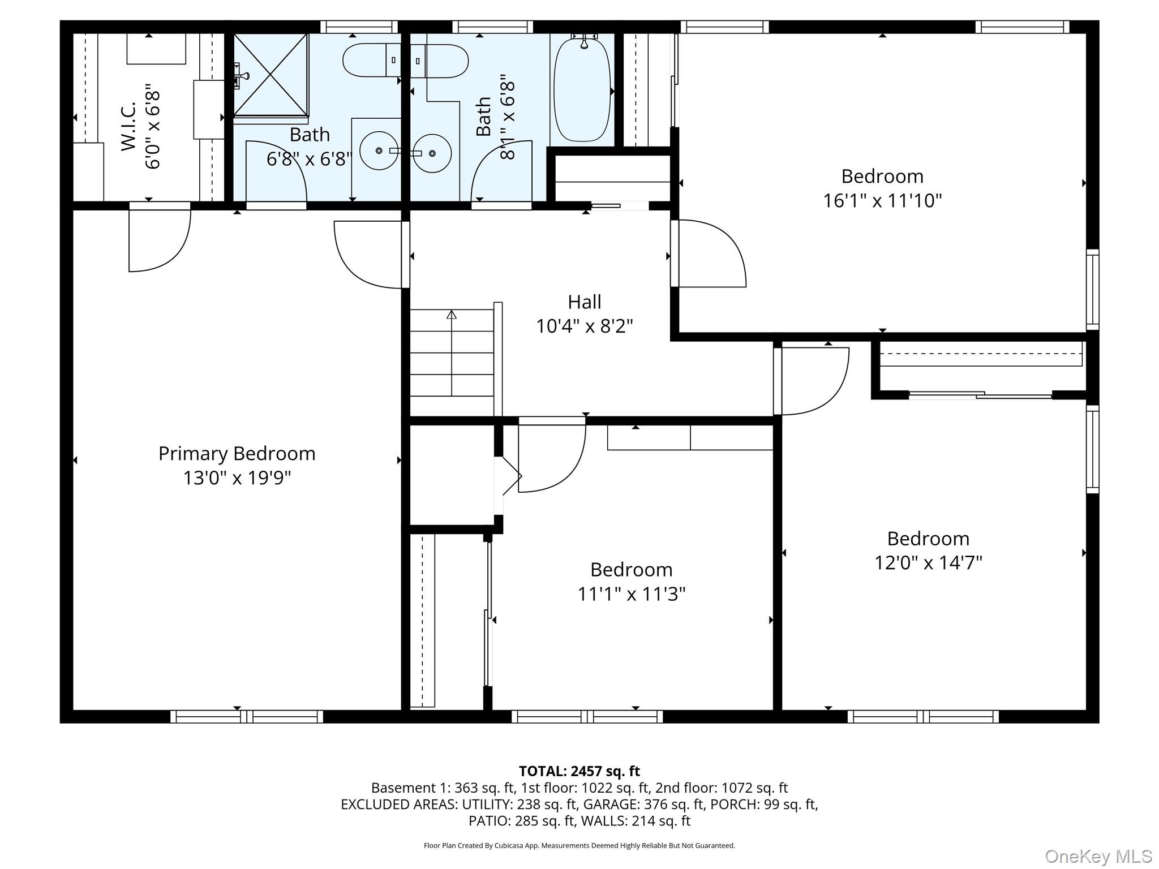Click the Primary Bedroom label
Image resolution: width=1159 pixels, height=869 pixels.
[237, 454]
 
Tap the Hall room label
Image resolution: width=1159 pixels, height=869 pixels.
[585, 302]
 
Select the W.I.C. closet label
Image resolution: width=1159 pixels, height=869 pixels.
[128, 126]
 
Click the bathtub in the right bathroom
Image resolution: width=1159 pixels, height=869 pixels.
[582, 89]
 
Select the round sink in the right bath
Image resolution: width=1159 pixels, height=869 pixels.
[432, 153]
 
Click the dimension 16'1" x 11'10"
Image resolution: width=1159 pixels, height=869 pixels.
[882, 201]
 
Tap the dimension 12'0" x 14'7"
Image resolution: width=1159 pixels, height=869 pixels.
[928, 563]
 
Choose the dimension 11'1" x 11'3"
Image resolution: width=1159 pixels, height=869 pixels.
[631, 594]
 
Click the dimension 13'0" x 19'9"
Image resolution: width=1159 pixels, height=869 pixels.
[237, 478]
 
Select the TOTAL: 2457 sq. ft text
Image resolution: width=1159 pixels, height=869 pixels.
[579, 771]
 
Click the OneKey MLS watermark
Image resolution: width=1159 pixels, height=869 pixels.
[1098, 857]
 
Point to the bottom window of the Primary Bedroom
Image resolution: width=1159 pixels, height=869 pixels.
[247, 716]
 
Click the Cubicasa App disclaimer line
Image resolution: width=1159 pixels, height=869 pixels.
[579, 846]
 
